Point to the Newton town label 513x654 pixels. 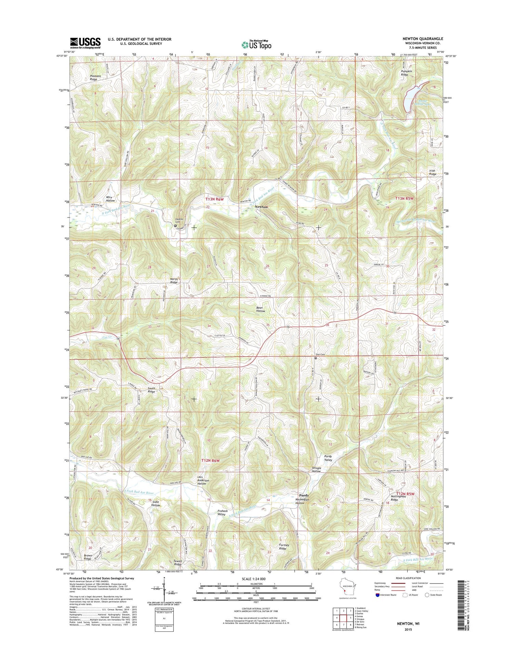pyautogui.click(x=261, y=207)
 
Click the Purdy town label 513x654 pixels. pyautogui.click(x=304, y=495)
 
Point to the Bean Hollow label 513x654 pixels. pyautogui.click(x=261, y=309)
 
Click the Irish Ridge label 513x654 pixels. pyautogui.click(x=433, y=172)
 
